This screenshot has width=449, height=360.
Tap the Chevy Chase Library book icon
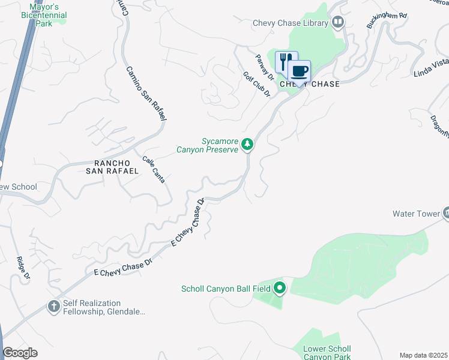point(339,23)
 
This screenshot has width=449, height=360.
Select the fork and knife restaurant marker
point(286,62)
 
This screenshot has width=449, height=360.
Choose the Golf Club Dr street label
point(257,85)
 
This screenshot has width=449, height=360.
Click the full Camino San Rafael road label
point(146,93)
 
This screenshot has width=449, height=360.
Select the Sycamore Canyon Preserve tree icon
point(247,144)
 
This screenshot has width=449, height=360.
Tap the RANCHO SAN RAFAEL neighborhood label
point(117,167)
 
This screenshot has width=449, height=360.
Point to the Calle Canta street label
point(154,169)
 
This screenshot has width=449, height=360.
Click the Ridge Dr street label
point(23,268)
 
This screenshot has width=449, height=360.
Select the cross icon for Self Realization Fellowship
point(53,307)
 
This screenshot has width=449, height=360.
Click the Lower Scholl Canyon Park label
point(324,353)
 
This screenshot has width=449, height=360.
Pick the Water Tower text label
point(415,214)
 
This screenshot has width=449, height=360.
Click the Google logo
point(20,353)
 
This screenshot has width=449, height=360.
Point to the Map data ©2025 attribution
point(423,355)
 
